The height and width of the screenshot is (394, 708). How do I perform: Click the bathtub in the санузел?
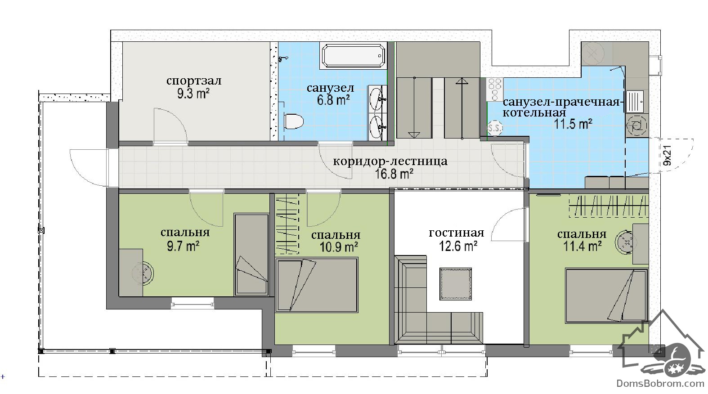pyautogui.click(x=354, y=56)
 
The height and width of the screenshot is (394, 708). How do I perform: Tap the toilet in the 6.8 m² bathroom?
pyautogui.click(x=293, y=121)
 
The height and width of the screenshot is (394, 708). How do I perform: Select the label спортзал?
pyautogui.click(x=194, y=81)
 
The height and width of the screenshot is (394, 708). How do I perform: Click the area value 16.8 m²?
pyautogui.click(x=394, y=174)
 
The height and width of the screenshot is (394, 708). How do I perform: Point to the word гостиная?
pyautogui.click(x=457, y=233)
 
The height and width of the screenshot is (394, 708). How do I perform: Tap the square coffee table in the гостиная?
pyautogui.click(x=456, y=284)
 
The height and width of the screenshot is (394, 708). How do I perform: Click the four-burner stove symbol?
pyautogui.click(x=495, y=90)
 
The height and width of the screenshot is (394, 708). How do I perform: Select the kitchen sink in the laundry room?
pyautogui.click(x=635, y=101)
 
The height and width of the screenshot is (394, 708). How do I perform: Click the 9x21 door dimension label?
pyautogui.click(x=668, y=156)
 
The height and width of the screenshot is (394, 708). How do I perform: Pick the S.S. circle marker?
pyautogui.click(x=494, y=128)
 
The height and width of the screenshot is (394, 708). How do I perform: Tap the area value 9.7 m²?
pyautogui.click(x=183, y=246)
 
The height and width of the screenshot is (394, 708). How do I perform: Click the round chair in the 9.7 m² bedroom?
pyautogui.click(x=143, y=273)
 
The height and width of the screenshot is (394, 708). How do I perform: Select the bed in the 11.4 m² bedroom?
pyautogui.click(x=606, y=295)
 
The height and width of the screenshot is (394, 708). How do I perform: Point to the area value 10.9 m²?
pyautogui.click(x=339, y=247)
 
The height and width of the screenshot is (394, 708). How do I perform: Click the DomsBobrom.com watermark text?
pyautogui.click(x=661, y=384)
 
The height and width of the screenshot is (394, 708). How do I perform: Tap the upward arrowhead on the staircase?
pyautogui.click(x=462, y=81)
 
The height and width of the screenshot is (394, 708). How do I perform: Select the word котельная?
pyautogui.click(x=534, y=112)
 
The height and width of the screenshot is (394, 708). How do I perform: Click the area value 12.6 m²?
pyautogui.click(x=458, y=246)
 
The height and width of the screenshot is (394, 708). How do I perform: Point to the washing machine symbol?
pyautogui.click(x=636, y=126)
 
